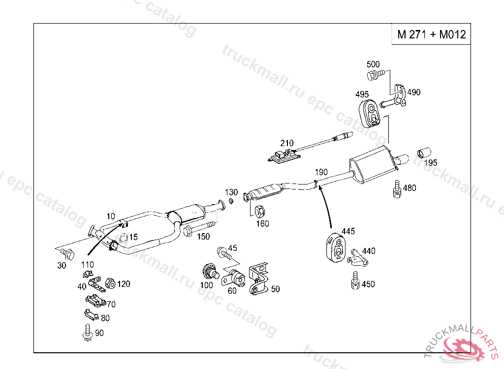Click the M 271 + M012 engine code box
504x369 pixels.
(x=431, y=35)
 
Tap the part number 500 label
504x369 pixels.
(x=374, y=64)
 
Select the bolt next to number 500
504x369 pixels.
(x=373, y=75)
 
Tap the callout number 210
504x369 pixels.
(x=287, y=143)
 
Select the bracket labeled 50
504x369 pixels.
(x=258, y=279)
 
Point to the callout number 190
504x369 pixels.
(x=321, y=172)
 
